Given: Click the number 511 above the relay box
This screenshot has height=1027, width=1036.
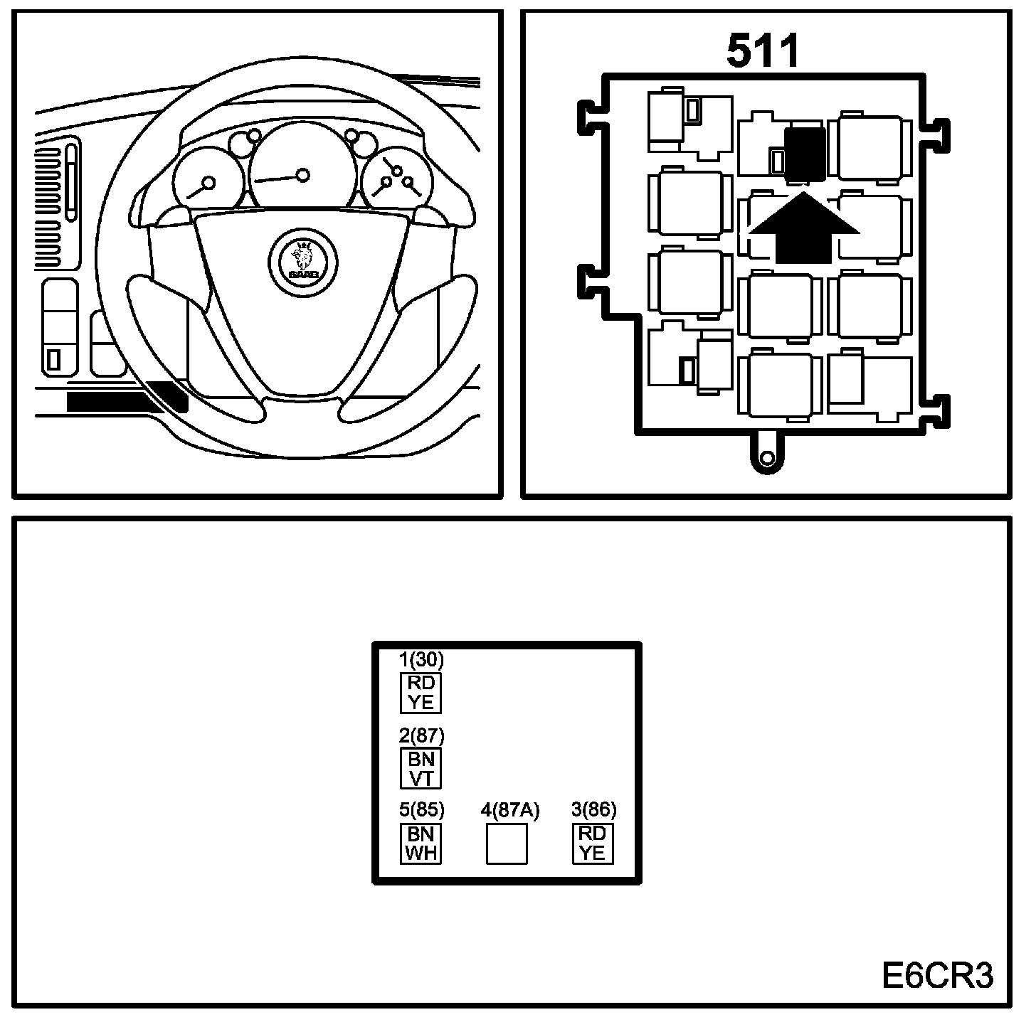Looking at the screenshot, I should [x=763, y=51].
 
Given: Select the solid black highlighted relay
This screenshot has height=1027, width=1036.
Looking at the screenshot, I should [x=805, y=152].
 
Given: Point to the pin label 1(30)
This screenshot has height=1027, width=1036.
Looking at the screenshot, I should [x=421, y=660].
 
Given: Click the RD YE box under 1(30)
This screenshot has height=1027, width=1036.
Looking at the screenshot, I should [x=421, y=693].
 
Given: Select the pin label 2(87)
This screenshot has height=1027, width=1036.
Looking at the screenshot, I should [x=421, y=735].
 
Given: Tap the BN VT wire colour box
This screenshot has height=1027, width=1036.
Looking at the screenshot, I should [x=421, y=768].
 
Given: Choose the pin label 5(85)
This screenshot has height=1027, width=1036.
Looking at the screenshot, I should [x=421, y=810].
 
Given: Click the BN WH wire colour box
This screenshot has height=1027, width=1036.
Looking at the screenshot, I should [x=421, y=844].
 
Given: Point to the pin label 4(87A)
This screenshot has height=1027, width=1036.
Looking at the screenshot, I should [x=510, y=810].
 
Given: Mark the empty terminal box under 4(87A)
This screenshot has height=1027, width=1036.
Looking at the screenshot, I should [x=507, y=844].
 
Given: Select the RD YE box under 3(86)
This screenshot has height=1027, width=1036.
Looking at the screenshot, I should [x=593, y=844].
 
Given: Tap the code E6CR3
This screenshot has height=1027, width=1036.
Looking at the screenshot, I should [x=938, y=976].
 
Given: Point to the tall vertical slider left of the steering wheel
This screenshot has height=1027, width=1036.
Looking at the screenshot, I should [x=71, y=181].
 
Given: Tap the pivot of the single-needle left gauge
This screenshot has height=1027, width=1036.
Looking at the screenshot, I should [x=208, y=183].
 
